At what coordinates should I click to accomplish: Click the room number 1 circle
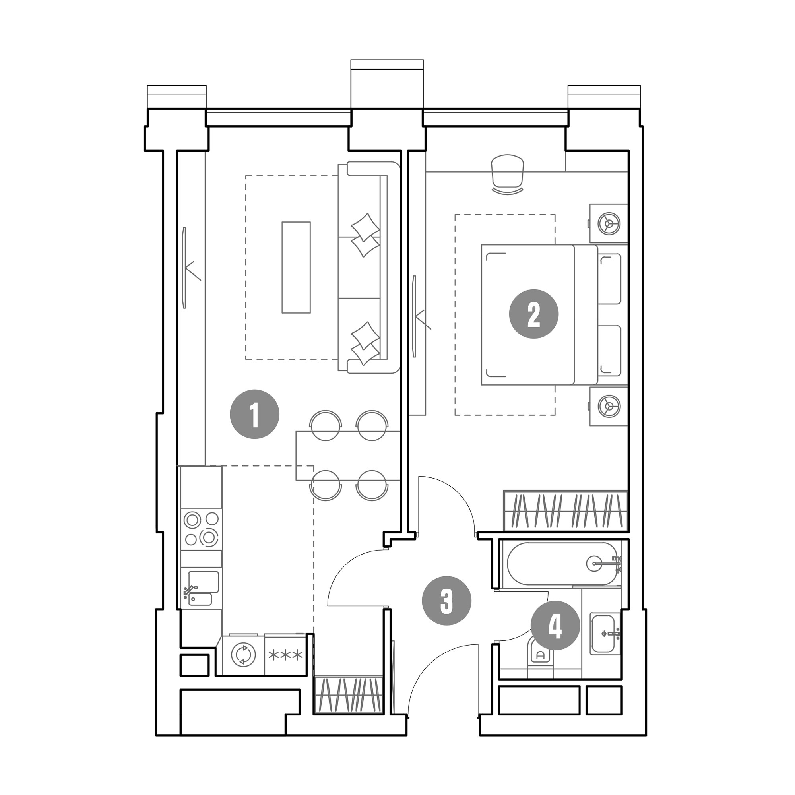pos(254,414)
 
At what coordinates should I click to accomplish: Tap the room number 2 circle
pos(534,314)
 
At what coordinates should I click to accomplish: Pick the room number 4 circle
pos(555,625)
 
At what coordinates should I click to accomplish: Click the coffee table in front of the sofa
pos(296,268)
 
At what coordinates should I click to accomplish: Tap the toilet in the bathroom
pos(541,657)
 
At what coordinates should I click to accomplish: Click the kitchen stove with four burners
pos(201,529)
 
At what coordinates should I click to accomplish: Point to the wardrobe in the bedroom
pos(565,511)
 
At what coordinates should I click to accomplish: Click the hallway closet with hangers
pos(348,694)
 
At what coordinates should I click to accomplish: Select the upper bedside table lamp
pos(609,223)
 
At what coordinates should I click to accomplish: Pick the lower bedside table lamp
pos(609,406)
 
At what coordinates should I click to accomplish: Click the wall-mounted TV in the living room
pos(185,268)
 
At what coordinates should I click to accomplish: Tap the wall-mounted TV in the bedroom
pos(414,316)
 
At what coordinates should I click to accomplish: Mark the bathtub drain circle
pos(595,563)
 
